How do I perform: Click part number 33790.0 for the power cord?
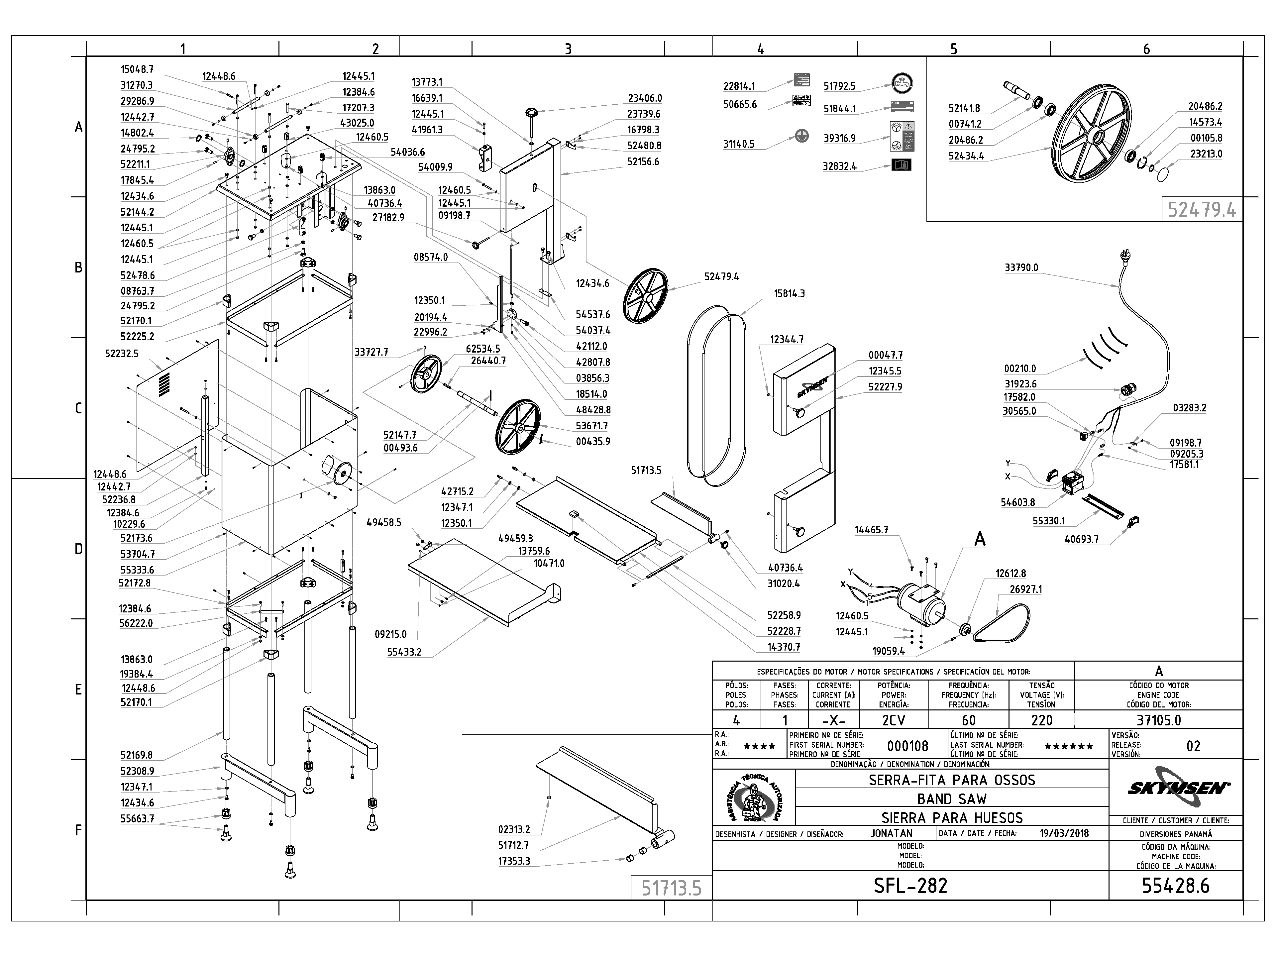(1021, 267)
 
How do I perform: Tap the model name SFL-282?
(910, 886)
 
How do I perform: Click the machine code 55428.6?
(1176, 886)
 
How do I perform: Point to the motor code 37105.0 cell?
(1159, 720)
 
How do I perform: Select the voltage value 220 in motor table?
(1042, 720)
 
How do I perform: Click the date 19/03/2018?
(1064, 833)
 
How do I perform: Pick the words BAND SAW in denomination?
(952, 799)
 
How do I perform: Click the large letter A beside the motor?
(980, 539)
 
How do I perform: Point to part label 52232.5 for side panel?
(121, 354)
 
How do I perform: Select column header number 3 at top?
(568, 49)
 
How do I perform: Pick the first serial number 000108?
(908, 746)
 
